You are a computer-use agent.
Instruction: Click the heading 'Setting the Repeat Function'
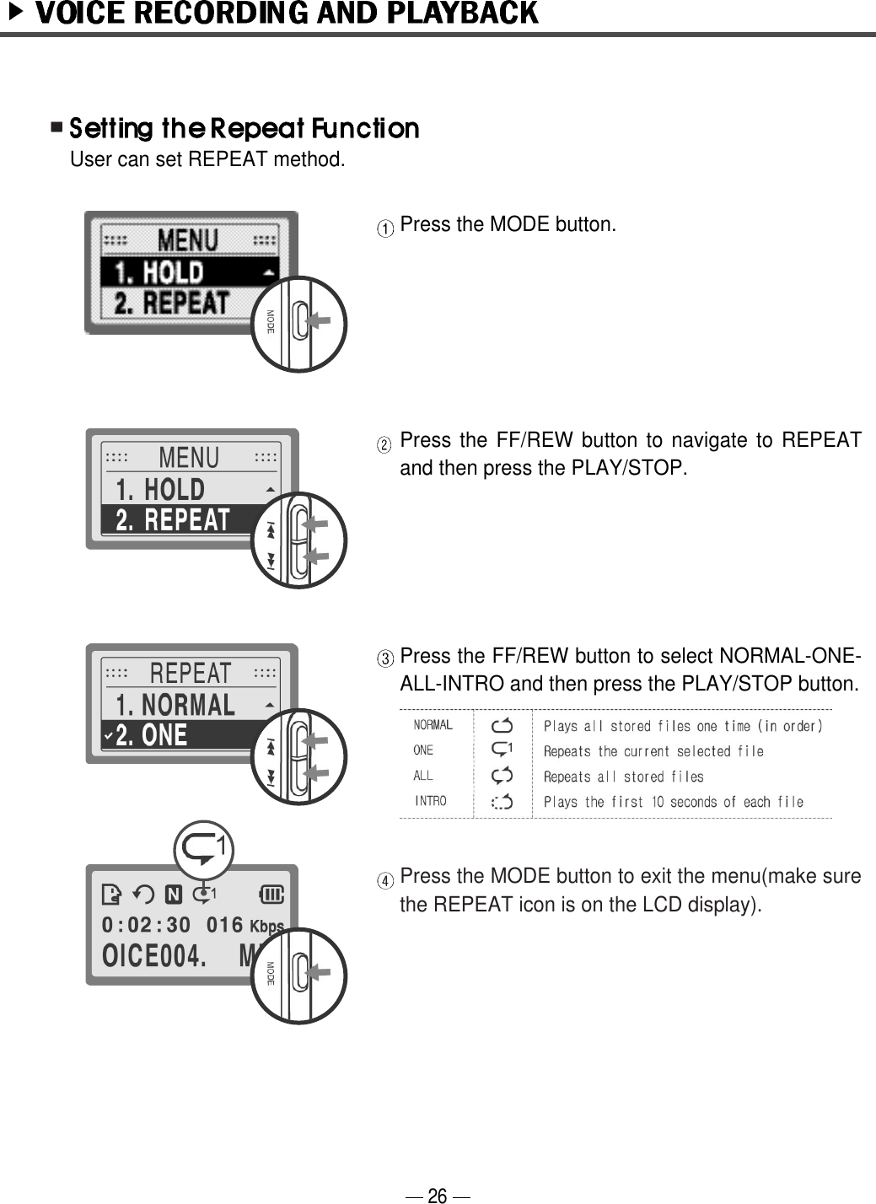point(244,129)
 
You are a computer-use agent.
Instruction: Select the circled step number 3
point(384,658)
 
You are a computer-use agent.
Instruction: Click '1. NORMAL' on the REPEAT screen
point(176,705)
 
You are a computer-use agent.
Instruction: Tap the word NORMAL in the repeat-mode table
point(433,725)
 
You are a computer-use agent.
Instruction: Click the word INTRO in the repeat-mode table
point(430,801)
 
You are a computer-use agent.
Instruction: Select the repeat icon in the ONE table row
point(502,749)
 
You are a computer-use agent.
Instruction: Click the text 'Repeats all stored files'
point(623,777)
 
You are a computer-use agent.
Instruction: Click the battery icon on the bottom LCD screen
point(273,894)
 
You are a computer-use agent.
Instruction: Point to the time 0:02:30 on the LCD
point(146,925)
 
